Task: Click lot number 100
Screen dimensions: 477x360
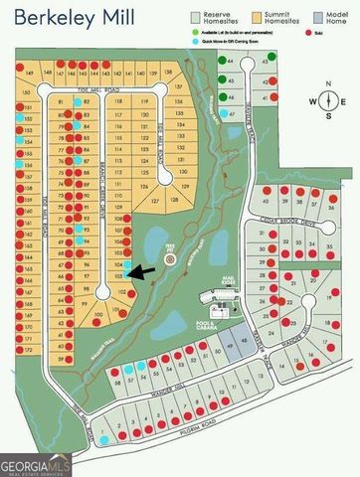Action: pos(97,315)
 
